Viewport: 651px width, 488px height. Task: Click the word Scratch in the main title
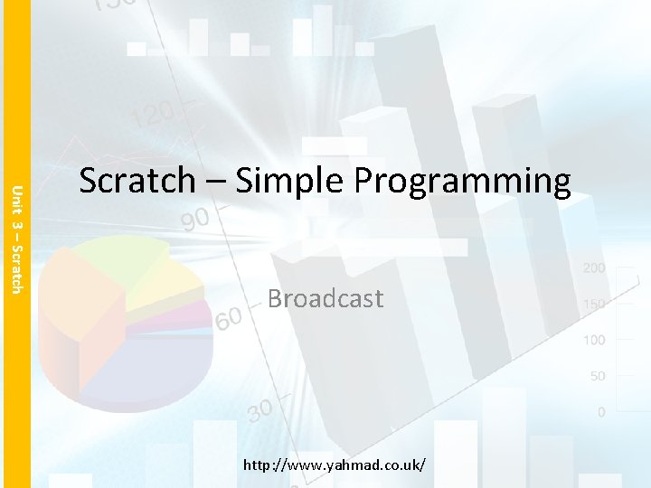click(137, 181)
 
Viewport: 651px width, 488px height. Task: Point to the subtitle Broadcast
click(325, 298)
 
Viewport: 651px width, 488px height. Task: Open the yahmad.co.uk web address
click(335, 465)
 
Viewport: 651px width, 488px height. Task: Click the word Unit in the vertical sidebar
click(15, 198)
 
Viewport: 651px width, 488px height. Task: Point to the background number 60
click(228, 319)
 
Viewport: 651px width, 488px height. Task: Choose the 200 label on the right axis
click(594, 268)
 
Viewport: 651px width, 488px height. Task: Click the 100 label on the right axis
click(594, 340)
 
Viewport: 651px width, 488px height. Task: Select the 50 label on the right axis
click(597, 376)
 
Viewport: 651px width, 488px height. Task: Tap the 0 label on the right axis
click(601, 412)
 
